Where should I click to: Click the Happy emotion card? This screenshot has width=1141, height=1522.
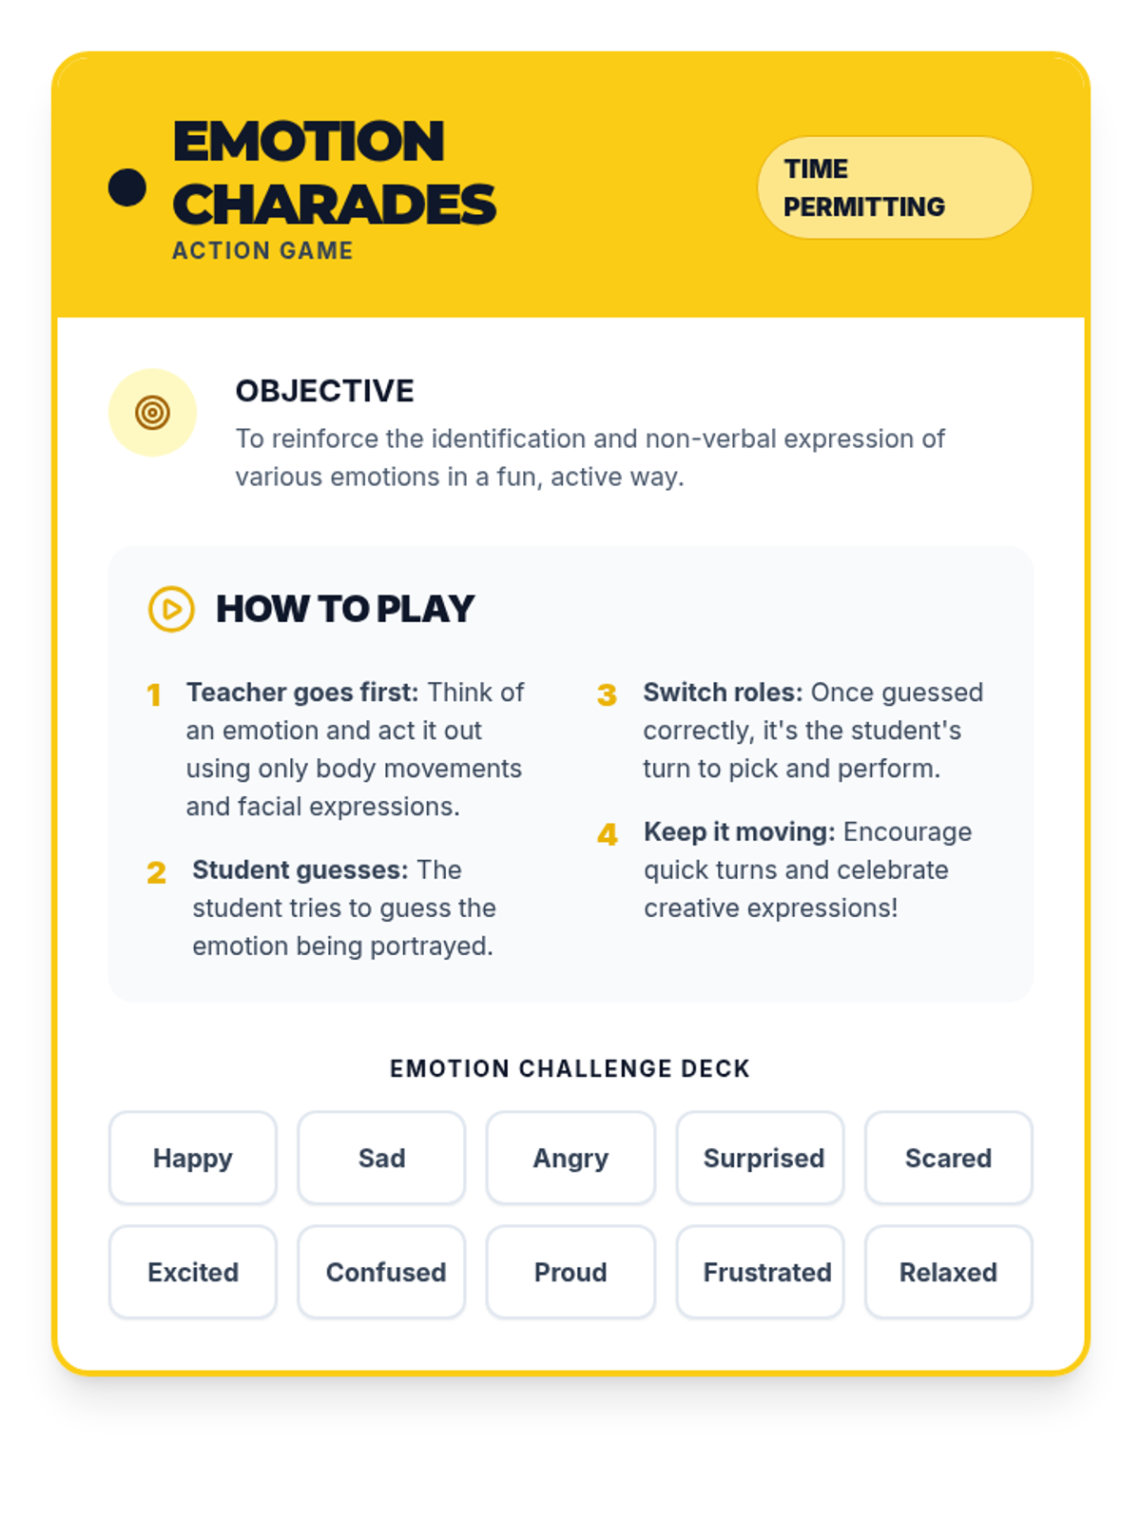(x=193, y=1158)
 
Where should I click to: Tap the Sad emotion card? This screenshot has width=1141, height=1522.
(x=381, y=1158)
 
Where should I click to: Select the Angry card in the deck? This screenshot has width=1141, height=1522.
(x=570, y=1158)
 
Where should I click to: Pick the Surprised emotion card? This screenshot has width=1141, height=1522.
(x=761, y=1158)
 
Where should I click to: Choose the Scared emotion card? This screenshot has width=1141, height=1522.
(x=948, y=1158)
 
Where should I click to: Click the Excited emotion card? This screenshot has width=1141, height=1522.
(x=193, y=1272)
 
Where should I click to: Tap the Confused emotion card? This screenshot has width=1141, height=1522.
(x=381, y=1272)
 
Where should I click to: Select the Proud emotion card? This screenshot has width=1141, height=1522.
(x=570, y=1272)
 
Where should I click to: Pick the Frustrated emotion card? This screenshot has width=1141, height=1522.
(x=761, y=1272)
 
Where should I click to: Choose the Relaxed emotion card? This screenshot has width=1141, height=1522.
(x=948, y=1272)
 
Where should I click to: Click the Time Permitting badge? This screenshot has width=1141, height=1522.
(x=894, y=187)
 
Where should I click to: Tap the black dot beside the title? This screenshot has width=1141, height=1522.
(x=127, y=187)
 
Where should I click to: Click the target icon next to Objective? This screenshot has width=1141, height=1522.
(x=152, y=413)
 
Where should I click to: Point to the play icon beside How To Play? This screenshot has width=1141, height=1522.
(x=172, y=609)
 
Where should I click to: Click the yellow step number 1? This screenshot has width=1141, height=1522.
(x=153, y=695)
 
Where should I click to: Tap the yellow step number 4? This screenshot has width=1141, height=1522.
(x=608, y=835)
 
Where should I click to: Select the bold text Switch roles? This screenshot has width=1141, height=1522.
(x=723, y=693)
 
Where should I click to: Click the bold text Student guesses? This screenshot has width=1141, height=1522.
(x=300, y=870)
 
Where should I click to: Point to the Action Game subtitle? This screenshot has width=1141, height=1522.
(x=262, y=251)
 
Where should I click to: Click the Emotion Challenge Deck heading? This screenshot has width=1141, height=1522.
(x=570, y=1069)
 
